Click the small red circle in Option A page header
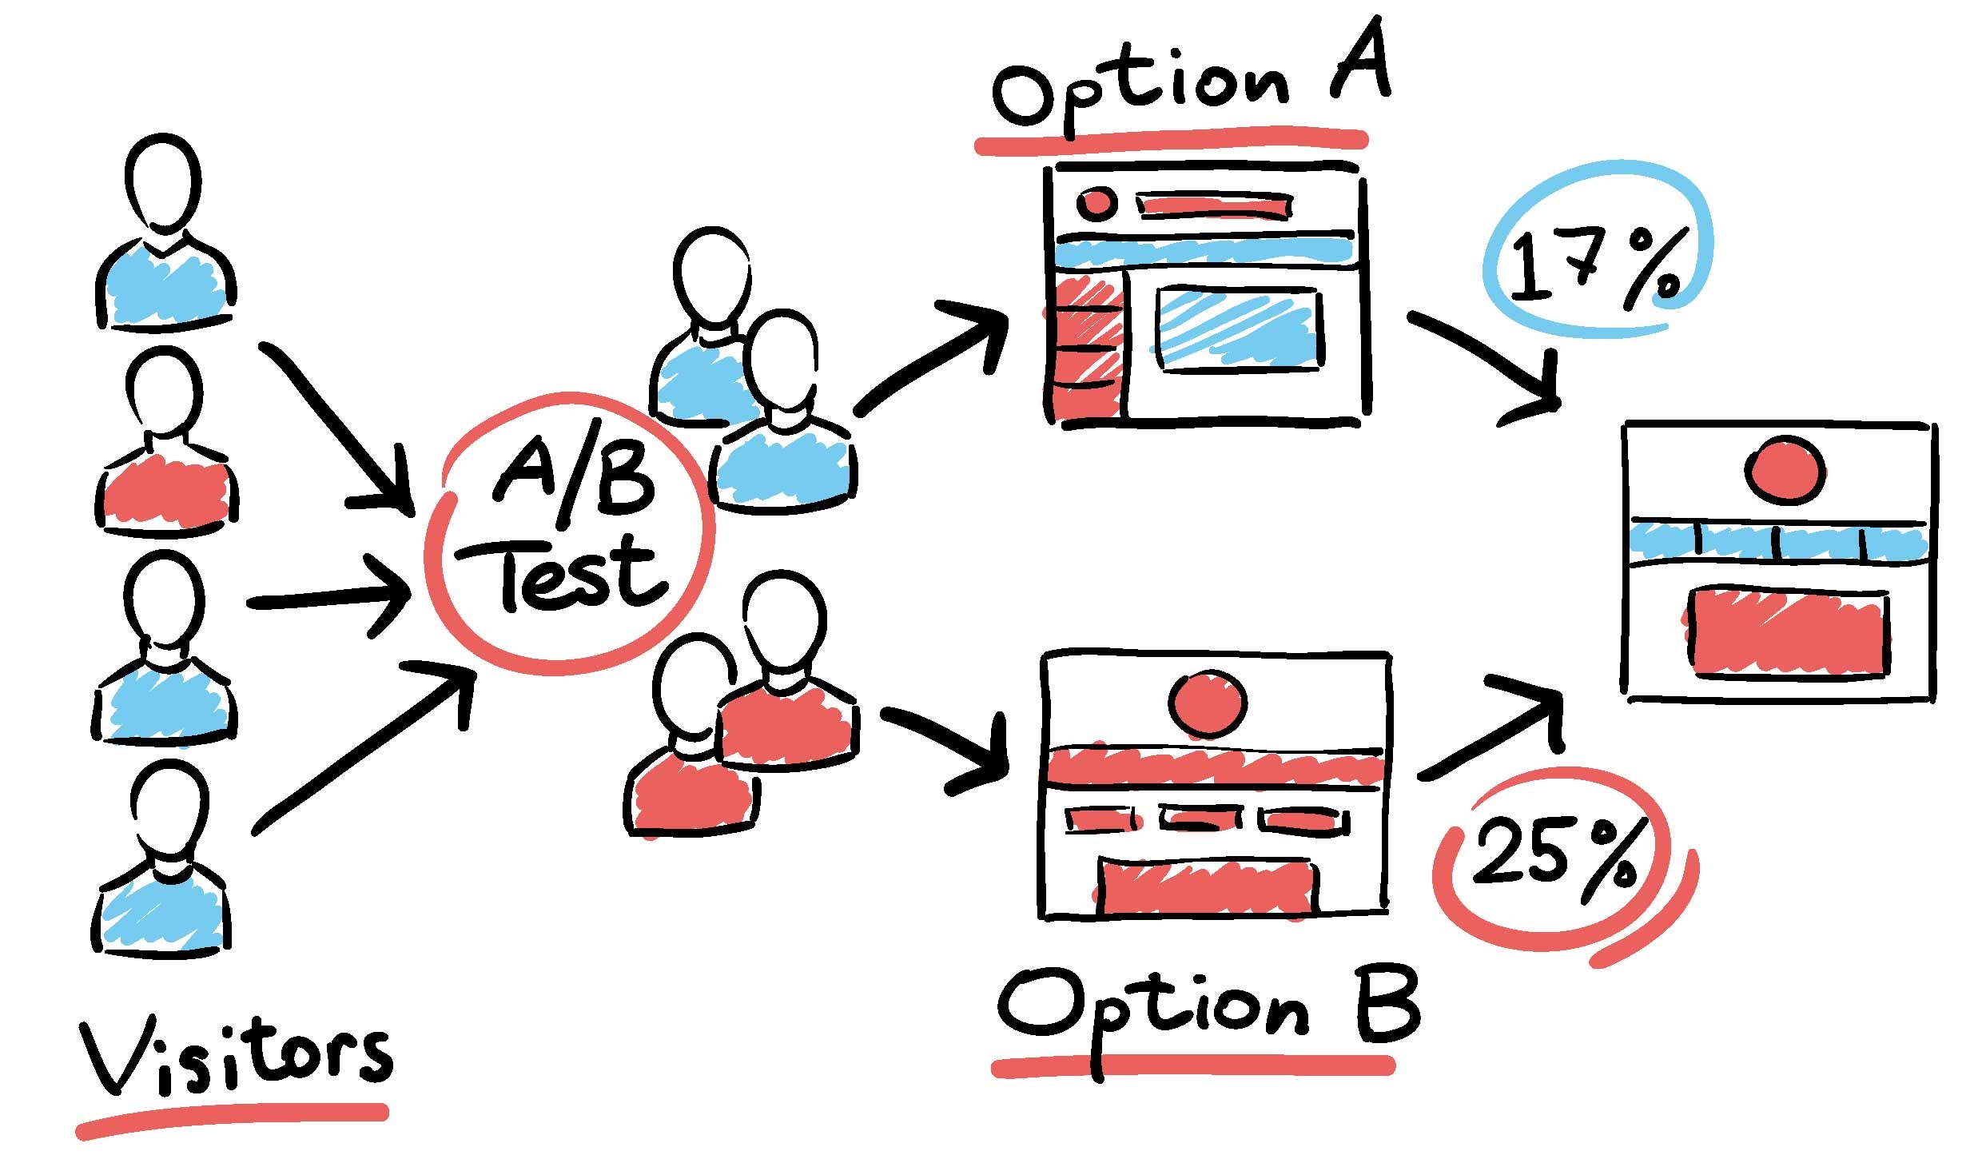coord(1096,203)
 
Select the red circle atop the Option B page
coord(1208,703)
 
